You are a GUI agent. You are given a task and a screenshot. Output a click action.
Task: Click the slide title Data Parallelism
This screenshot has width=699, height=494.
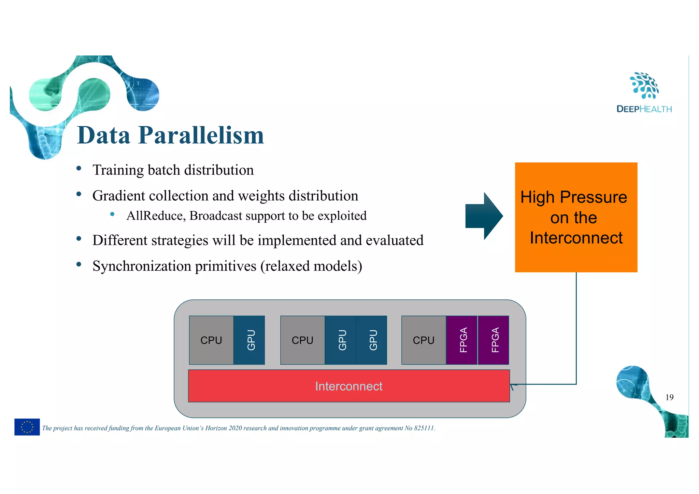(x=170, y=136)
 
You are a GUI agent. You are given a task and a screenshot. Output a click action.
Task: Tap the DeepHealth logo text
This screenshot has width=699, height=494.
(x=644, y=109)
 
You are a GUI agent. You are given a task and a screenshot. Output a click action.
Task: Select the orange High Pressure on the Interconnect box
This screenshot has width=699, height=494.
(x=576, y=217)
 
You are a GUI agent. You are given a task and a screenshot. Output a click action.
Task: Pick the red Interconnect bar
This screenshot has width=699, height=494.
(x=348, y=386)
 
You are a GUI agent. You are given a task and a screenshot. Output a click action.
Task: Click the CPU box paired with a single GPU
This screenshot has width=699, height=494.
(x=211, y=340)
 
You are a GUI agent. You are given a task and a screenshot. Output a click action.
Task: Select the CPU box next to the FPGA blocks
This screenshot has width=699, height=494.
(x=424, y=340)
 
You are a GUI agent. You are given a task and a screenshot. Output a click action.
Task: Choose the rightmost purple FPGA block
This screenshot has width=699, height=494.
(x=494, y=340)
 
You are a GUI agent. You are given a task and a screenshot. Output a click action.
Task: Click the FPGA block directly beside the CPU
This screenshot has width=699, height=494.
(x=462, y=340)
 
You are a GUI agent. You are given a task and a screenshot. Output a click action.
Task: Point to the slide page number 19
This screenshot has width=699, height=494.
(x=669, y=397)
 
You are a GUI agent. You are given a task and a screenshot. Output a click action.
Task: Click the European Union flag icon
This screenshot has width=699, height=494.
(x=27, y=427)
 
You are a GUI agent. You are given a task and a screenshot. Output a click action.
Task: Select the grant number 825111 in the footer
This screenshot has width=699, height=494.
(x=424, y=428)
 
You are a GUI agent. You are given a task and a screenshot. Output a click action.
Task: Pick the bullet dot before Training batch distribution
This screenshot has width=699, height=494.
(x=79, y=168)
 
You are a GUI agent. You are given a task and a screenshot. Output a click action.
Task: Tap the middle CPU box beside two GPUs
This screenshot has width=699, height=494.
(x=302, y=340)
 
